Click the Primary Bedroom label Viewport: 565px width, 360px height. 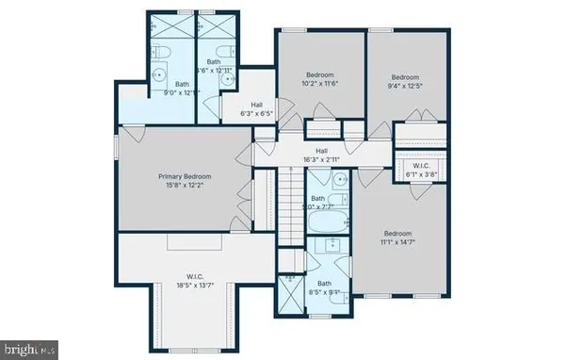(x=184, y=176)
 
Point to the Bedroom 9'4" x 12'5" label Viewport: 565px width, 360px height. (x=405, y=77)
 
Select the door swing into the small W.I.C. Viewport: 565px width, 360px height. (x=402, y=135)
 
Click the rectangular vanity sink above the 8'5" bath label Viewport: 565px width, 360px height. (x=332, y=247)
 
